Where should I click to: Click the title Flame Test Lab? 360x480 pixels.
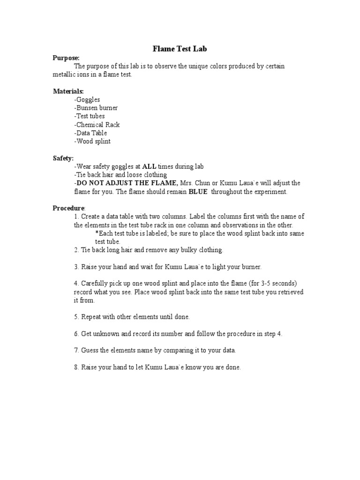pyautogui.click(x=180, y=48)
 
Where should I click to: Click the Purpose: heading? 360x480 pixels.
pyautogui.click(x=66, y=58)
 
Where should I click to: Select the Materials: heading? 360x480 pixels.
pyautogui.click(x=68, y=91)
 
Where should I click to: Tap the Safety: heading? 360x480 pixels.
pyautogui.click(x=63, y=158)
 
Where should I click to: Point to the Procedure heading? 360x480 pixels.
pyautogui.click(x=68, y=208)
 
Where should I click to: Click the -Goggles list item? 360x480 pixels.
pyautogui.click(x=87, y=99)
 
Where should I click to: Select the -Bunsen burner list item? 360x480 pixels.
pyautogui.click(x=96, y=108)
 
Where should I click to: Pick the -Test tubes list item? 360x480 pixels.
pyautogui.click(x=89, y=116)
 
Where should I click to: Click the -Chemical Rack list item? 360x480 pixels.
pyautogui.click(x=97, y=125)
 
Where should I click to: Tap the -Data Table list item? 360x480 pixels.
pyautogui.click(x=90, y=133)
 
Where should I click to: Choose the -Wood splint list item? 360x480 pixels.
pyautogui.click(x=92, y=142)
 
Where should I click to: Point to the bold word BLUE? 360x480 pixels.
pyautogui.click(x=198, y=192)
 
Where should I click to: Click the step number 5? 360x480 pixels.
pyautogui.click(x=75, y=317)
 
